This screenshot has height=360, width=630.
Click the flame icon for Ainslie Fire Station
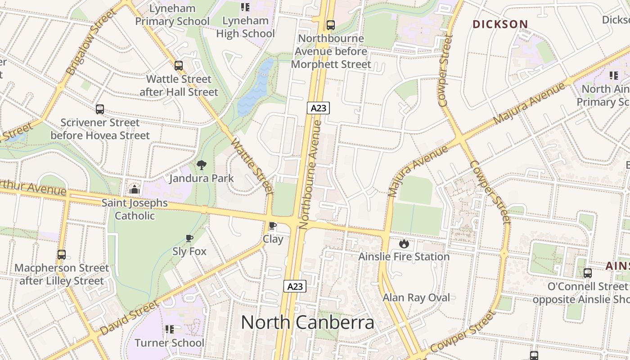404,244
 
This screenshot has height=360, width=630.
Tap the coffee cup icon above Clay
272,226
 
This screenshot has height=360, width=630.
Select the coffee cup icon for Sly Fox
189,238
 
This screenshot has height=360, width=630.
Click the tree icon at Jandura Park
201,165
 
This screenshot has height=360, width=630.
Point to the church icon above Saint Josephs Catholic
134,190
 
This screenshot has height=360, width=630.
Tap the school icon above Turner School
169,329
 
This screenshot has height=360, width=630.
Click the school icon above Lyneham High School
245,7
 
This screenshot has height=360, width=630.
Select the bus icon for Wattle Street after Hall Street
179,66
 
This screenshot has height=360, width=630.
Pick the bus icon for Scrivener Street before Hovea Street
100,109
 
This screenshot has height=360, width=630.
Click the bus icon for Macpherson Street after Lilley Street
62,255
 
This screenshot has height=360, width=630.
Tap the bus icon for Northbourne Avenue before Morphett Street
331,25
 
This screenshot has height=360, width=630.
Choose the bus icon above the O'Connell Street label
587,273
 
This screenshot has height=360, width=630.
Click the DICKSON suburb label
499,24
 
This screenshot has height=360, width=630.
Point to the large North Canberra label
307,323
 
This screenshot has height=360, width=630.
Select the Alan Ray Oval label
416,297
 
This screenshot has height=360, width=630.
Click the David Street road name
129,318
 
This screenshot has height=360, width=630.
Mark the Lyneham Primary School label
172,15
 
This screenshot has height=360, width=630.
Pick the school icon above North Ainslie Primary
613,76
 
